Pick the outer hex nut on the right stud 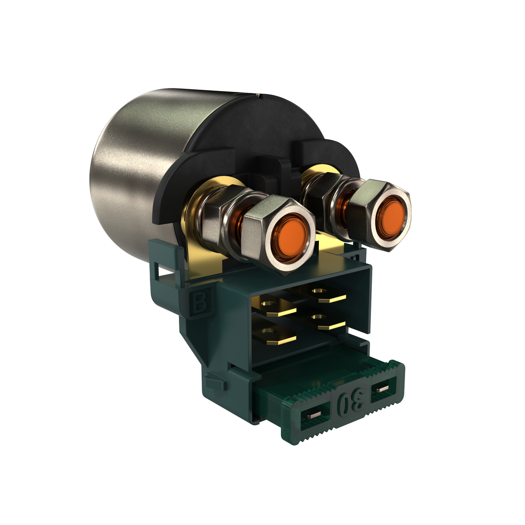click(x=380, y=215)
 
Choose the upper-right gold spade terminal click(x=324, y=294)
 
